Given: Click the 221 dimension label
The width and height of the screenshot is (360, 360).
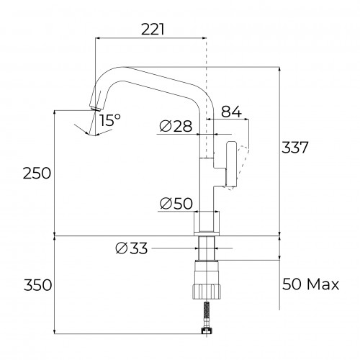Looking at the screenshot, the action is tap(153, 30).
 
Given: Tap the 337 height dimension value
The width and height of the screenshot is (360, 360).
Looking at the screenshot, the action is tap(294, 147).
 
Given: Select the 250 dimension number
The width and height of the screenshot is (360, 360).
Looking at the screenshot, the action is tap(37, 173).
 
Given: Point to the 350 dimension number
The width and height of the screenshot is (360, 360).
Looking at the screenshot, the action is tap(37, 285).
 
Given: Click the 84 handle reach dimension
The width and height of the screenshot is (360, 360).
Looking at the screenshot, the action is tap(231, 112).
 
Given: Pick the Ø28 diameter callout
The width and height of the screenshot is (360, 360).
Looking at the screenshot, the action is tap(176, 126).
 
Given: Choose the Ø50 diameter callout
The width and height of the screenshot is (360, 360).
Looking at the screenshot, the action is tap(176, 204).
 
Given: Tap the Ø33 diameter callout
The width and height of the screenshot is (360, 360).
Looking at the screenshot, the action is tap(132, 248).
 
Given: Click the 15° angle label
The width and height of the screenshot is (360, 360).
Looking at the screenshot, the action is tap(110, 120).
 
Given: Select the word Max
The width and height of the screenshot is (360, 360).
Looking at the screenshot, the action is tap(323, 284).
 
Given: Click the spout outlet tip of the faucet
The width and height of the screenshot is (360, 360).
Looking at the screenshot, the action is tap(94, 108).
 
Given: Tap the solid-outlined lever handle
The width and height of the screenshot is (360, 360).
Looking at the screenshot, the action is tap(232, 164).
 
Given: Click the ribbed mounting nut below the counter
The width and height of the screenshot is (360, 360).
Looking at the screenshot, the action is tap(207, 291).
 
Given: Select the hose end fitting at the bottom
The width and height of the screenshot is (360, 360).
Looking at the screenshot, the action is tap(207, 331).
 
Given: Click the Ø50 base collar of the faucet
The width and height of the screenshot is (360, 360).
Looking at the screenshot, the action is tap(207, 223).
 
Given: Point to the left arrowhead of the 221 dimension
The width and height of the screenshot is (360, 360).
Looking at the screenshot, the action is tap(97, 38).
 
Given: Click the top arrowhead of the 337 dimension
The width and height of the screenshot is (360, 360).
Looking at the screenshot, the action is tap(279, 69).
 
